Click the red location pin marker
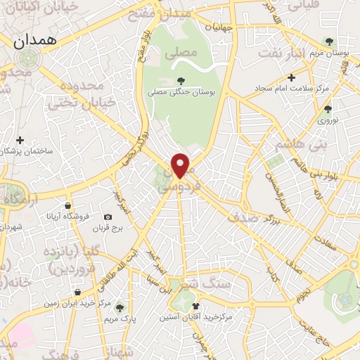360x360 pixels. [x=181, y=165]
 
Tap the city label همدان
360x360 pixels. [x=33, y=41]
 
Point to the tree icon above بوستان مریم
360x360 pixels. [x=328, y=41]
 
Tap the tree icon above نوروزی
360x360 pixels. [x=328, y=108]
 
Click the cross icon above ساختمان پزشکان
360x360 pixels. [x=20, y=140]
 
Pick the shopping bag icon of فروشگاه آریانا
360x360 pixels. [x=67, y=205]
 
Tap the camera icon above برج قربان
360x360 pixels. [x=108, y=217]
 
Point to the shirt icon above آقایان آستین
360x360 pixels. [x=196, y=306]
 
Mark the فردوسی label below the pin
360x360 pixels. [x=181, y=189]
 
